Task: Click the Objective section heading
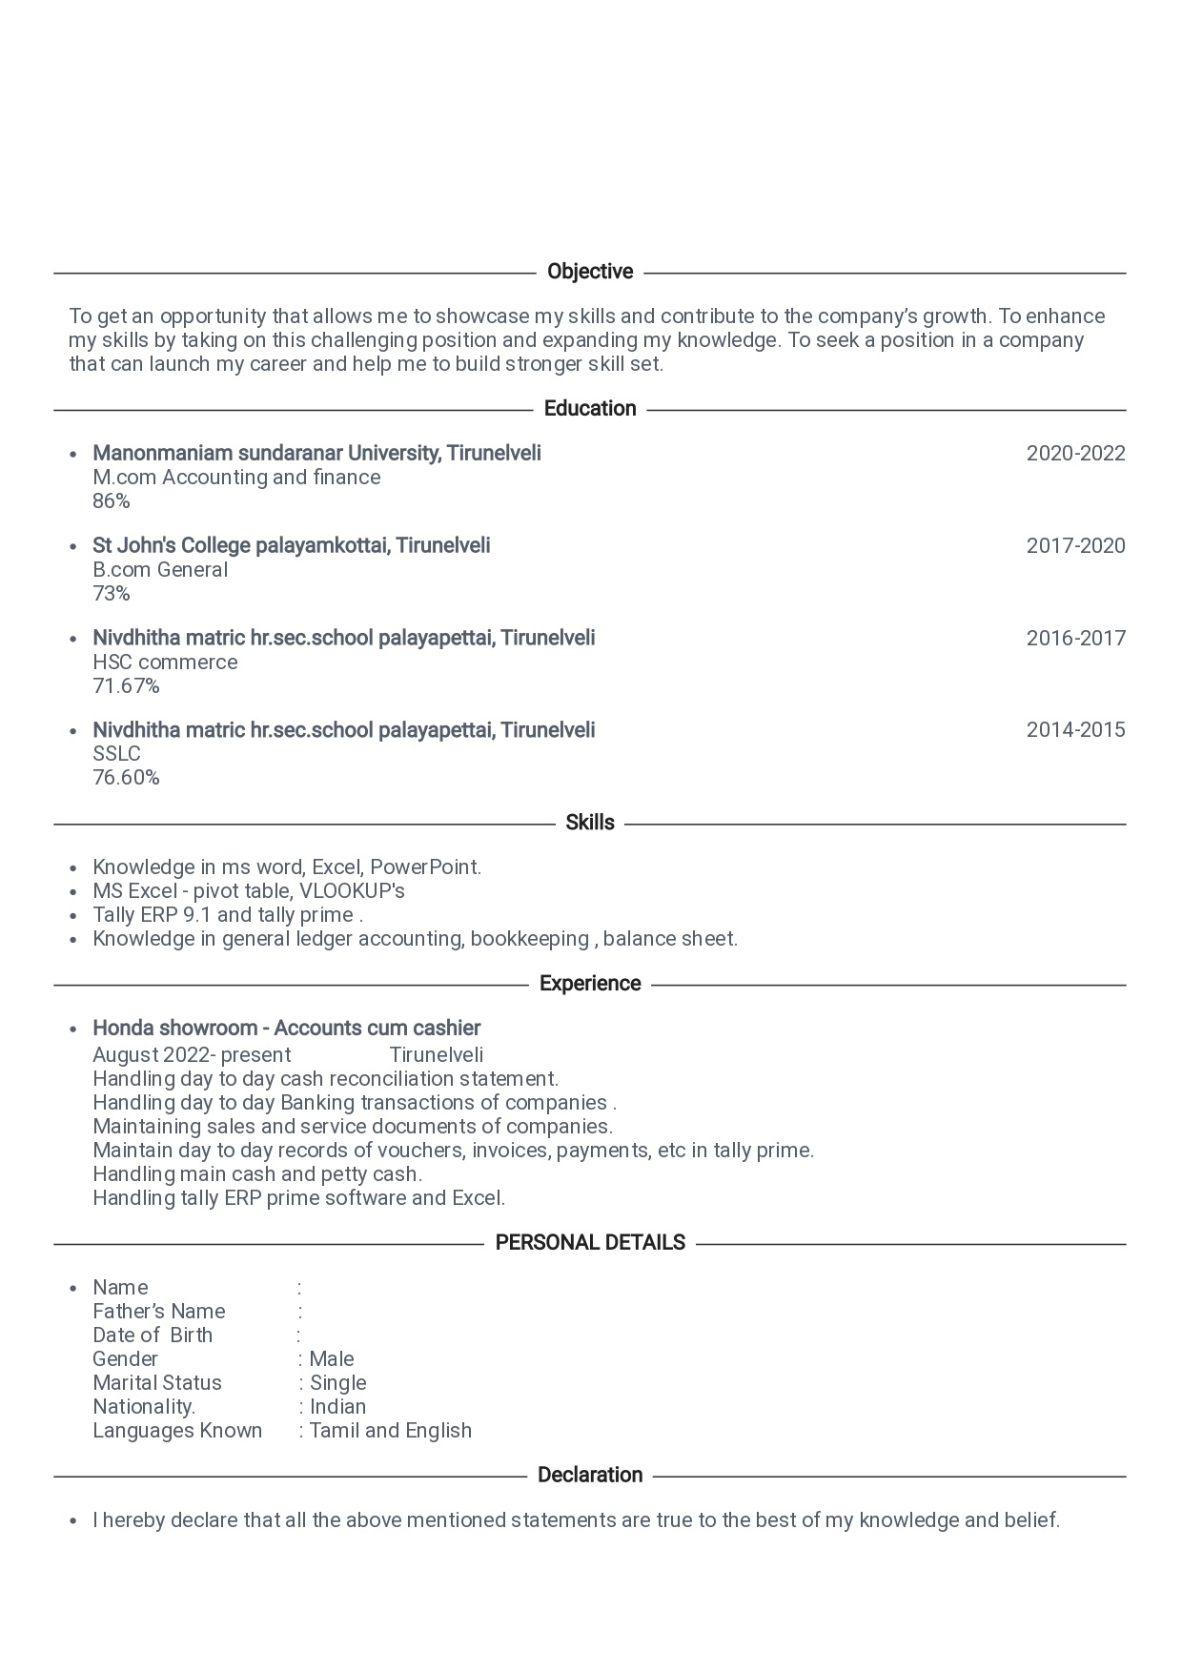pyautogui.click(x=590, y=272)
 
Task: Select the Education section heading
pyautogui.click(x=590, y=409)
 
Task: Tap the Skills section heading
pyautogui.click(x=590, y=823)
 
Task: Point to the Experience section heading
pyautogui.click(x=590, y=984)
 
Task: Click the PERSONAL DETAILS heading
pyautogui.click(x=590, y=1243)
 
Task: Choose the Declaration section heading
pyautogui.click(x=590, y=1475)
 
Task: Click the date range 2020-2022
pyautogui.click(x=1075, y=454)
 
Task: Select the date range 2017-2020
pyautogui.click(x=1075, y=546)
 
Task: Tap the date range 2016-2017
pyautogui.click(x=1075, y=639)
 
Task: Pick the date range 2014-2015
pyautogui.click(x=1075, y=730)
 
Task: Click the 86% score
pyautogui.click(x=112, y=501)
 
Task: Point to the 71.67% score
pyautogui.click(x=126, y=686)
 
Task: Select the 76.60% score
pyautogui.click(x=126, y=778)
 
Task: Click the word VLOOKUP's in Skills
pyautogui.click(x=352, y=891)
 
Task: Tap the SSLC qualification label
pyautogui.click(x=116, y=754)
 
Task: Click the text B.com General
pyautogui.click(x=160, y=570)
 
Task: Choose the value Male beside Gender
pyautogui.click(x=332, y=1359)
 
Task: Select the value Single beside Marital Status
pyautogui.click(x=337, y=1383)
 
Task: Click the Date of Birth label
pyautogui.click(x=153, y=1336)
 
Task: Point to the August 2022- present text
pyautogui.click(x=192, y=1055)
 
